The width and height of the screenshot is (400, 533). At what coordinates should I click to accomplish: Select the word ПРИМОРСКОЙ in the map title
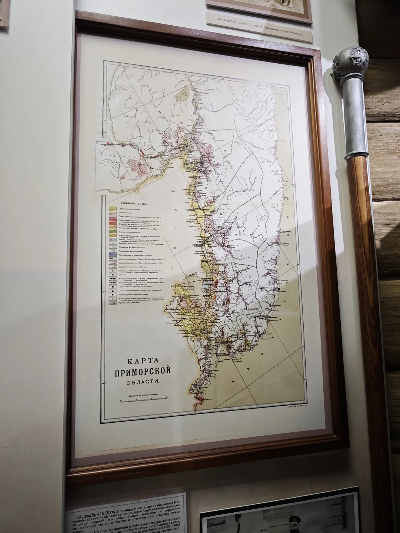tap(143, 371)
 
